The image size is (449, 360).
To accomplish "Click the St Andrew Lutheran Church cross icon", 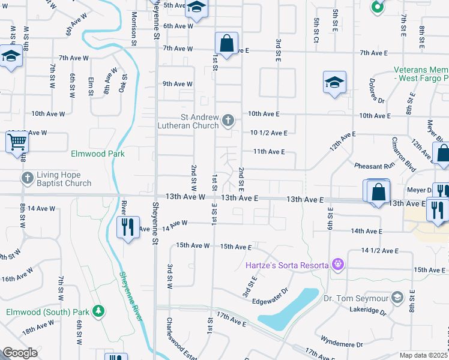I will point(228,121).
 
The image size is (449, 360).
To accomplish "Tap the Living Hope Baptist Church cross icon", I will point(28,178).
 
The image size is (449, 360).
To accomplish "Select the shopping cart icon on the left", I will point(17,143).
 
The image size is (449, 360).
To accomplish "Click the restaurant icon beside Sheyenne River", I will point(127,227).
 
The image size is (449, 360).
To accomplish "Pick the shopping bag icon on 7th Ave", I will point(226,44).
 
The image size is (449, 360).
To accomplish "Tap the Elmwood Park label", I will point(97,154).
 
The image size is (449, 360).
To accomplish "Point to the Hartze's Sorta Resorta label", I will point(287,265).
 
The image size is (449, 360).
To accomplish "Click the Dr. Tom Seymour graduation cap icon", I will point(397,298).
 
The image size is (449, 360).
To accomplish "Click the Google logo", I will point(20,353).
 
